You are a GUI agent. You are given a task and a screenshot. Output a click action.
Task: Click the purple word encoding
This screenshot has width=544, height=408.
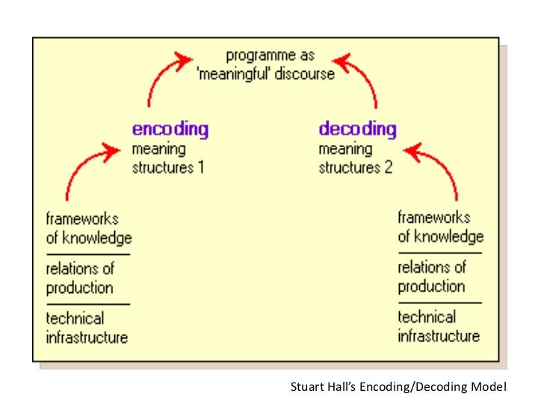click(x=170, y=129)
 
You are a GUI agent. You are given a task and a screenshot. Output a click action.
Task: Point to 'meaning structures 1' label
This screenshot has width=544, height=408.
click(x=168, y=158)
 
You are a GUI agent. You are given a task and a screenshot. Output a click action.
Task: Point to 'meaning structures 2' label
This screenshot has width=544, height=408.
click(x=355, y=158)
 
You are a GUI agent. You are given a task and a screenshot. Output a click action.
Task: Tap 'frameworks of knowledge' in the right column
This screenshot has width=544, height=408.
click(x=440, y=227)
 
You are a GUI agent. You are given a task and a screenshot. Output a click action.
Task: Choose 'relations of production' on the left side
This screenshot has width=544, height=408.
click(x=80, y=278)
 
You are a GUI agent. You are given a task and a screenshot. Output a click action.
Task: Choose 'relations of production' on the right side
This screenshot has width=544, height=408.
click(x=432, y=276)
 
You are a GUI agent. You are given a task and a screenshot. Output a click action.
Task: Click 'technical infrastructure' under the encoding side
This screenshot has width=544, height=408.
click(x=87, y=328)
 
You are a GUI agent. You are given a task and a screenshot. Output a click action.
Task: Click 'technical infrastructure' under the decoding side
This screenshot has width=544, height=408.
click(x=439, y=327)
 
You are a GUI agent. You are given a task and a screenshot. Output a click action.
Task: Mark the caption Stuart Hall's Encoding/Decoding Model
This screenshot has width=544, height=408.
click(x=398, y=387)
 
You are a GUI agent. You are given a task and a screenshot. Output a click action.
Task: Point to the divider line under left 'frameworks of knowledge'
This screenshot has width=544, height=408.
click(x=88, y=254)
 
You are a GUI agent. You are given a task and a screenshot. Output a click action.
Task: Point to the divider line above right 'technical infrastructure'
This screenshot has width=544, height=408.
click(x=439, y=302)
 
